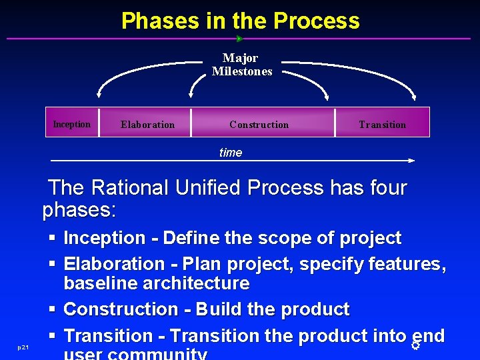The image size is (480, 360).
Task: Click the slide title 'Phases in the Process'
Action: coord(240,21)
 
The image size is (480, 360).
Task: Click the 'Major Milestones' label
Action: coord(241,65)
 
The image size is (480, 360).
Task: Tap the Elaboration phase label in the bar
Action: coord(147,125)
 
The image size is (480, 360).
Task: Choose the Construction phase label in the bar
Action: coord(259,125)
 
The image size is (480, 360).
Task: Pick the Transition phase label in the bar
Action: coord(382,125)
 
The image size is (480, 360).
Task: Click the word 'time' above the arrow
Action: coord(231,153)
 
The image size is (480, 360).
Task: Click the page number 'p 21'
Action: coord(23,348)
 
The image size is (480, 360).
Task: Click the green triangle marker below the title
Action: coord(240,39)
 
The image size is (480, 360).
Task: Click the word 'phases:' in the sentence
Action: coord(79,211)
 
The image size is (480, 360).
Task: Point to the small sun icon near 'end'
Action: coord(415,345)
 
